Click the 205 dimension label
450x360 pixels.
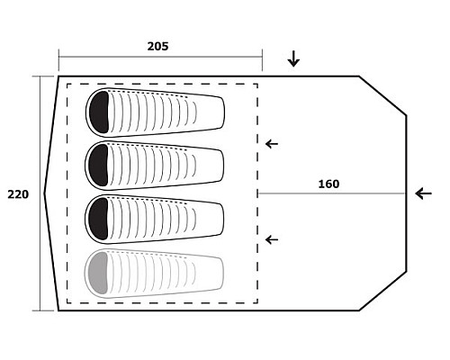tap(157, 46)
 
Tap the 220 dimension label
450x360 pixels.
tap(18, 194)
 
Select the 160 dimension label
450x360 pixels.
tap(328, 184)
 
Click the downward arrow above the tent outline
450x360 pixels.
tap(293, 58)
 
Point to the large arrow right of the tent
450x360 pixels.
tap(424, 193)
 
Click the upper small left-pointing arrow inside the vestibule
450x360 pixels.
tap(272, 144)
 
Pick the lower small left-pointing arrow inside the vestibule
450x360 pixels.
tap(272, 239)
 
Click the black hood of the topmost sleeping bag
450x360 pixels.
tap(99, 112)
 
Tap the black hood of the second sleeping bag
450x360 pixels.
tap(99, 166)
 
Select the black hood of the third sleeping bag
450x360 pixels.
tap(98, 219)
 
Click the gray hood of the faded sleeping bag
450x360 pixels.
tap(98, 273)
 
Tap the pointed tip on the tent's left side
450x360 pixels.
tap(44, 193)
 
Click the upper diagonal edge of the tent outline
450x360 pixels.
tap(382, 95)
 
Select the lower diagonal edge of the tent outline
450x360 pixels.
tap(382, 291)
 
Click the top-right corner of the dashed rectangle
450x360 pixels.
tap(257, 85)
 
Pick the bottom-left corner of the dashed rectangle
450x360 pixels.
tap(67, 302)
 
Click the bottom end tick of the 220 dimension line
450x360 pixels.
tap(40, 310)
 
